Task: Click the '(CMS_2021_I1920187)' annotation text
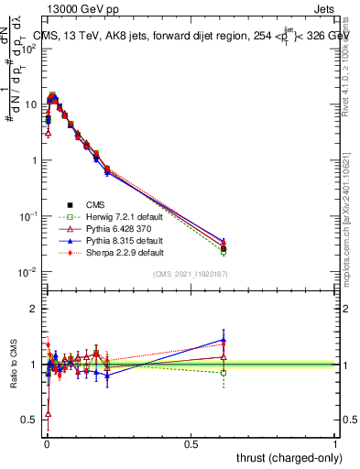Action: (191, 273)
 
